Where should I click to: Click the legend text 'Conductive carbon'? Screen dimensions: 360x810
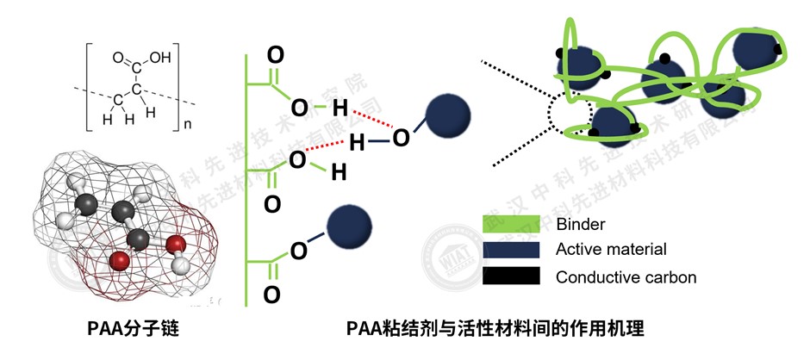(x=626, y=277)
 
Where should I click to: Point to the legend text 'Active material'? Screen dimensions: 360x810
(x=611, y=250)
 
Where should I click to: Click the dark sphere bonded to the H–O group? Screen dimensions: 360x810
(x=448, y=114)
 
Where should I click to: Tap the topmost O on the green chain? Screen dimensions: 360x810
(x=275, y=55)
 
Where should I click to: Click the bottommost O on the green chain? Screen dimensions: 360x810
(x=271, y=295)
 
